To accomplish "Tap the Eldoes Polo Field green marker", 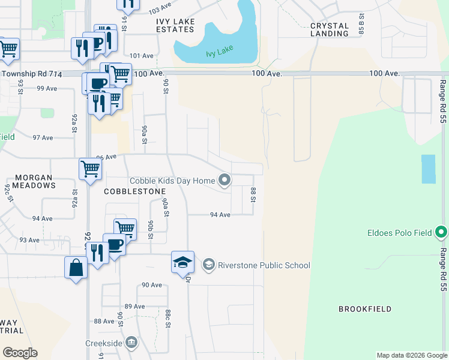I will tap(442, 232).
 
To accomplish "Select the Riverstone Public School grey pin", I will tap(208, 265).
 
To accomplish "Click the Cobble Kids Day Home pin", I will tap(224, 180).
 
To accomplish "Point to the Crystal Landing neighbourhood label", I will tap(330, 29).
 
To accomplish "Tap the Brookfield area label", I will tap(365, 309).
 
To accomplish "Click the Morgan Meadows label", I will tap(34, 181).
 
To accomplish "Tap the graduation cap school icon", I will tap(182, 262).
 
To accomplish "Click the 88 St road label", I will tap(253, 194).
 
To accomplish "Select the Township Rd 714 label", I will tap(27, 73).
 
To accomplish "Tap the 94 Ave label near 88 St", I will tap(220, 215).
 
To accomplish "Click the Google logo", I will tap(20, 353).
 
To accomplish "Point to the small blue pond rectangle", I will tap(428, 169).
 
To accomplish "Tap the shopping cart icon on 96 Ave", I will tap(89, 169).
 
